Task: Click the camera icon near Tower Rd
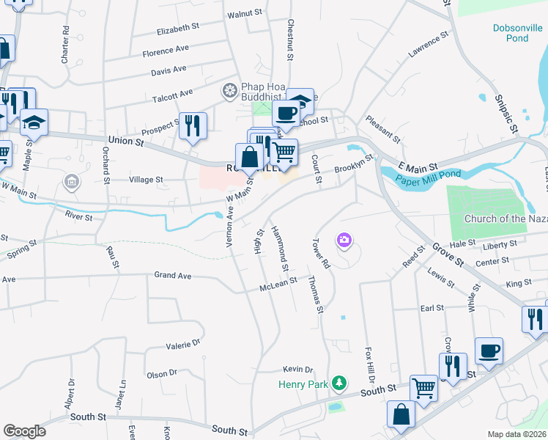[x=343, y=240]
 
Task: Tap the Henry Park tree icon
[x=338, y=384]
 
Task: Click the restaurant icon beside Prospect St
[x=193, y=125]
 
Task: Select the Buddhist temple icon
[x=230, y=91]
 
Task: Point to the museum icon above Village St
[x=71, y=180]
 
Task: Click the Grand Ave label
[x=172, y=276]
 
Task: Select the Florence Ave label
[x=166, y=51]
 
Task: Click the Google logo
[x=24, y=430]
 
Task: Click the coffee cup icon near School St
[x=285, y=113]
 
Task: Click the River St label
[x=78, y=217]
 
